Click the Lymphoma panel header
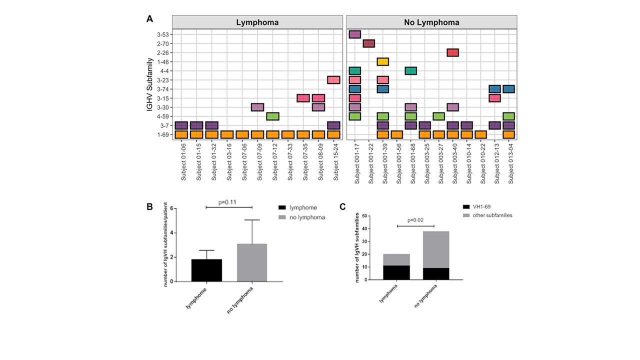pyautogui.click(x=257, y=22)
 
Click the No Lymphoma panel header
pyautogui.click(x=431, y=22)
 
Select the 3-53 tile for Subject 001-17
pyautogui.click(x=355, y=34)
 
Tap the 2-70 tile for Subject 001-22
pyautogui.click(x=369, y=43)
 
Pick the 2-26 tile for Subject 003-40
pyautogui.click(x=452, y=52)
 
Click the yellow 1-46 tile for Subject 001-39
pyautogui.click(x=383, y=61)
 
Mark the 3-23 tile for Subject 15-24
pyautogui.click(x=333, y=80)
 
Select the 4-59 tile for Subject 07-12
pyautogui.click(x=272, y=116)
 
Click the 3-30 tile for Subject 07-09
pyautogui.click(x=257, y=107)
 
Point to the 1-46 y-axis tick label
pyautogui.click(x=163, y=62)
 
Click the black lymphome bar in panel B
pyautogui.click(x=206, y=270)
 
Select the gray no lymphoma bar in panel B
pyautogui.click(x=252, y=262)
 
